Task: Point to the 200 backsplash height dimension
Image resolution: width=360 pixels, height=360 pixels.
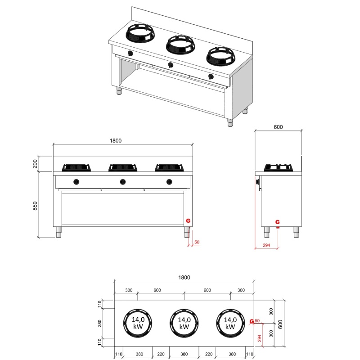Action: [35, 163]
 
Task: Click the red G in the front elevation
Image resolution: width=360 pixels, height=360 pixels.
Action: [188, 220]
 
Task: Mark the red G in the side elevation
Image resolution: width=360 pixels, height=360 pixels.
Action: [278, 221]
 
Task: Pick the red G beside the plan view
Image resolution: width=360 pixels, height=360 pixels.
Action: [252, 321]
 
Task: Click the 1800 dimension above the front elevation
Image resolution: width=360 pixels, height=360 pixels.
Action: [116, 140]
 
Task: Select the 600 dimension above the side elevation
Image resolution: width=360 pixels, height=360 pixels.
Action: [278, 127]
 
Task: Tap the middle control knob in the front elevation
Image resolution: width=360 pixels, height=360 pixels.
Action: [122, 182]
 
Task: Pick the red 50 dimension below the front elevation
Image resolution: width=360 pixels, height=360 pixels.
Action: [196, 243]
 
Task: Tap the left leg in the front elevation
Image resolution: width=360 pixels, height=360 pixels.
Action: [58, 232]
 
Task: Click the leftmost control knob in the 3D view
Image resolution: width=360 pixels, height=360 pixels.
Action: [130, 54]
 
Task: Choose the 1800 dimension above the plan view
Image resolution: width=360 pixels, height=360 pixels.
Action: [184, 277]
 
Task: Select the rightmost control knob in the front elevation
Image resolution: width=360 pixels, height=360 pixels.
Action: [169, 182]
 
